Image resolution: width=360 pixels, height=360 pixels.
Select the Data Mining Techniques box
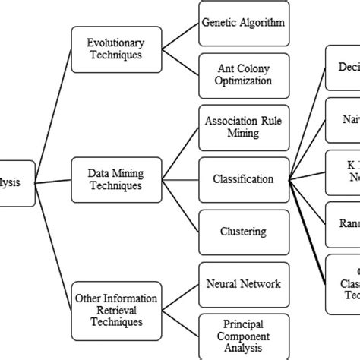point(108,179)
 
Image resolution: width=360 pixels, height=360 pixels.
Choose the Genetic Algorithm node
point(243,22)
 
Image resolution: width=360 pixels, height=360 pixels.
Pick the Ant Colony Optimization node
point(243,75)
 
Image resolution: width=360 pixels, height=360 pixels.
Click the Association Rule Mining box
point(243,127)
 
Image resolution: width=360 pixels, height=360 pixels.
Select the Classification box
point(243,180)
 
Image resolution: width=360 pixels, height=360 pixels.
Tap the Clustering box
point(243,232)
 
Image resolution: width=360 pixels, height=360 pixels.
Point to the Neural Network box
point(243,284)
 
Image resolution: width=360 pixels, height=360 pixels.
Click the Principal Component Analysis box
point(243,336)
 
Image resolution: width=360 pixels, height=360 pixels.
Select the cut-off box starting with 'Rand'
point(343,225)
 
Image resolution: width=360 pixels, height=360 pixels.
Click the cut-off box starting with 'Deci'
point(343,68)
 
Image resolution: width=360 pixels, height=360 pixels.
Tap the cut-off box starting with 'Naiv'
point(343,120)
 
